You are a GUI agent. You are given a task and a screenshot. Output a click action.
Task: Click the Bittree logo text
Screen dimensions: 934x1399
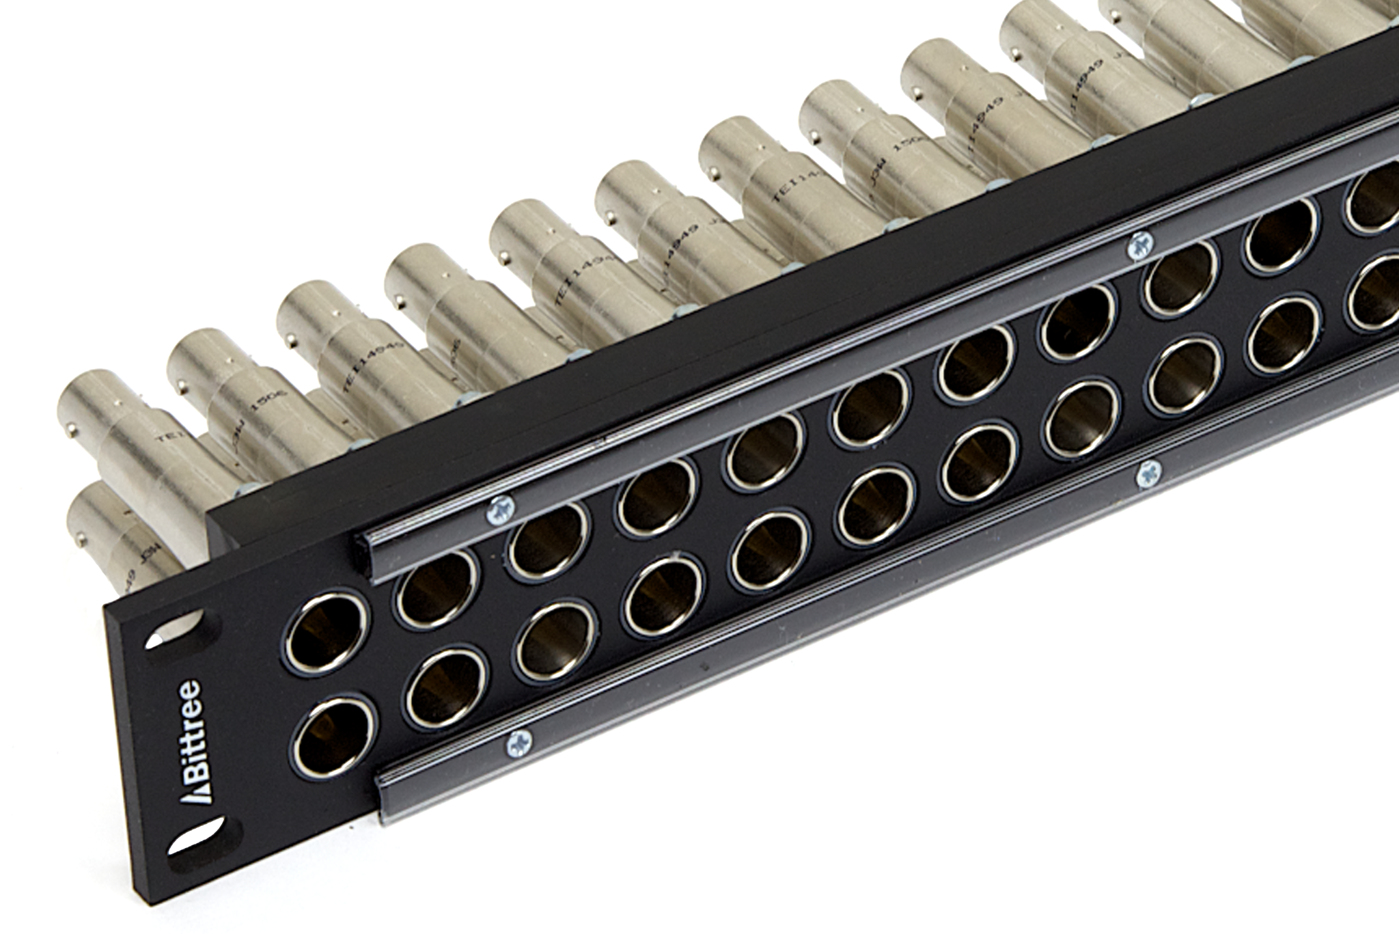click(186, 738)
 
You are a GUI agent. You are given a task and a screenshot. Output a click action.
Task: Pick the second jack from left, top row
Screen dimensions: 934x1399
click(435, 587)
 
